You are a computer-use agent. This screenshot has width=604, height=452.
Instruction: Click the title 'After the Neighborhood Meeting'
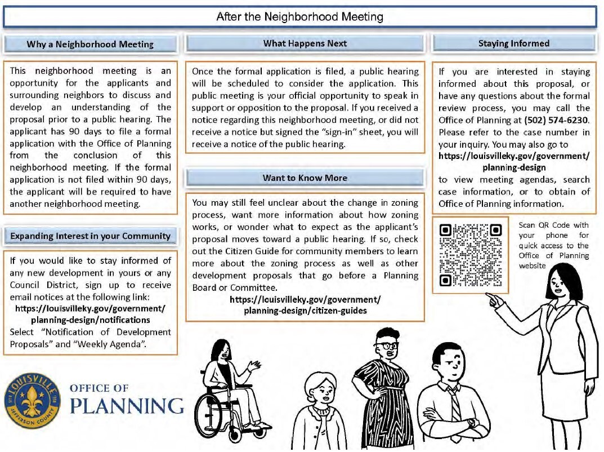click(299, 17)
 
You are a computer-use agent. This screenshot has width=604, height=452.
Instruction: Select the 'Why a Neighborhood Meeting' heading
click(90, 45)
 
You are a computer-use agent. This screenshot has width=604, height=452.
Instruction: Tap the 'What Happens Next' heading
click(305, 43)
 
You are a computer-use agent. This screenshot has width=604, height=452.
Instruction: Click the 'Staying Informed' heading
click(513, 43)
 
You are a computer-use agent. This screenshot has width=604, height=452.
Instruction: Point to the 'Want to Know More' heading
click(305, 178)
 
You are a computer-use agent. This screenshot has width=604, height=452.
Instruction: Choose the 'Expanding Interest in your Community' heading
click(90, 236)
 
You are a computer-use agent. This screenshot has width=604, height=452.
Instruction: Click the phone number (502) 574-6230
click(557, 120)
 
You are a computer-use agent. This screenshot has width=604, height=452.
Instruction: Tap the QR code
click(470, 255)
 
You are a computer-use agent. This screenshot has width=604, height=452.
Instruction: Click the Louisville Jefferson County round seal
click(33, 401)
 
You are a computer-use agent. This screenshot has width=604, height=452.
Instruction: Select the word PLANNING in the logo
click(127, 406)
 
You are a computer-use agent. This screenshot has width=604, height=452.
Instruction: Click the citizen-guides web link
click(305, 305)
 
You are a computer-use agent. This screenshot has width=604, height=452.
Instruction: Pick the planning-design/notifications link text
click(90, 320)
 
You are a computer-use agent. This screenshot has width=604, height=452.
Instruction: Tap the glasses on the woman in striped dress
click(386, 345)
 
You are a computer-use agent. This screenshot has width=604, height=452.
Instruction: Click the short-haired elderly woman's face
click(322, 391)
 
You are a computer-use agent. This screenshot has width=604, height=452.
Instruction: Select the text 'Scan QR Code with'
click(553, 225)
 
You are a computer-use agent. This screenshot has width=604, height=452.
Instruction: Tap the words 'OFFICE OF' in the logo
click(99, 388)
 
